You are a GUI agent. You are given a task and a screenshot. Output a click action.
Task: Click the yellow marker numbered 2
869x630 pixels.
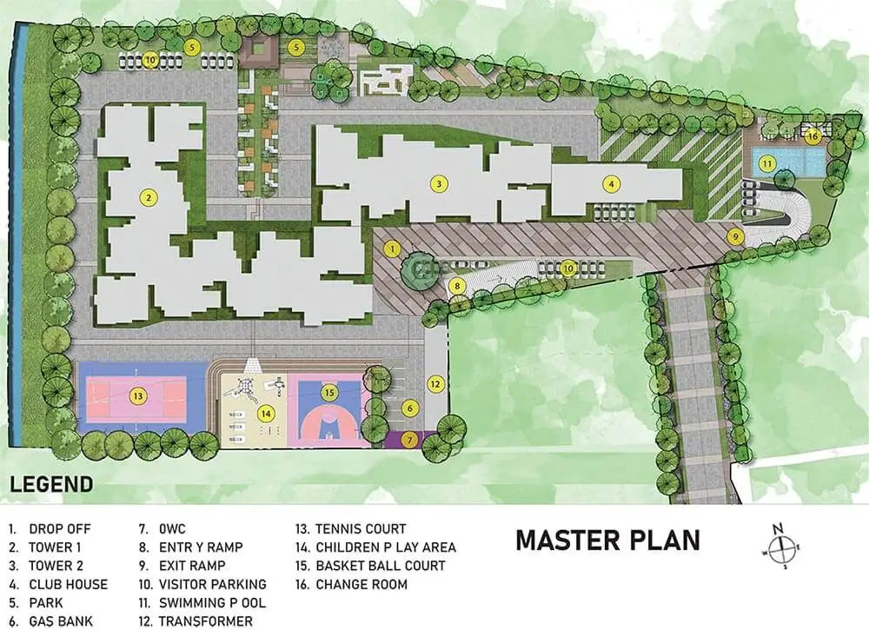click(x=149, y=197)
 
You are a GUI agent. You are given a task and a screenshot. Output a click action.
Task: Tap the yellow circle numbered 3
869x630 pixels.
click(x=439, y=183)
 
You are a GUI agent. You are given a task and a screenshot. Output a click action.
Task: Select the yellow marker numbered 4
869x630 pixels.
click(x=611, y=184)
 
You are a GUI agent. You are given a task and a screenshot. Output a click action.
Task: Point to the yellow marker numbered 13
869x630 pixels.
click(x=137, y=395)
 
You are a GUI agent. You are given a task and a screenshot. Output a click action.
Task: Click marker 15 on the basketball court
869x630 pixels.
click(x=329, y=393)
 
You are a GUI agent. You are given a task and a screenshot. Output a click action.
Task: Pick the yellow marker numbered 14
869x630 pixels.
click(x=266, y=414)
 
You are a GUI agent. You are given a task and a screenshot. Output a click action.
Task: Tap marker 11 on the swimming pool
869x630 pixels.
click(x=767, y=164)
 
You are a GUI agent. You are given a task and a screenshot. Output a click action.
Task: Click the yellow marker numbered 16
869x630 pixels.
click(x=813, y=136)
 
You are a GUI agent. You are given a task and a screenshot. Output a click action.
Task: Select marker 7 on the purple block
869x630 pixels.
click(x=409, y=441)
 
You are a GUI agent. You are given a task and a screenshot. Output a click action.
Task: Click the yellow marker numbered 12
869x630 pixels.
click(x=435, y=384)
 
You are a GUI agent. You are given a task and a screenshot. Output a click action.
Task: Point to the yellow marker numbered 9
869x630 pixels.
click(x=735, y=236)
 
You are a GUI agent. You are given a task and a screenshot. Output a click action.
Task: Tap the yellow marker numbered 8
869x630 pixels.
click(x=457, y=287)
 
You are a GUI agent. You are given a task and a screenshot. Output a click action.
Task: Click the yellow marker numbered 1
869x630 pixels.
click(x=393, y=249)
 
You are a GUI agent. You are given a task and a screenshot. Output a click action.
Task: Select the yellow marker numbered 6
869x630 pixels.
click(x=409, y=409)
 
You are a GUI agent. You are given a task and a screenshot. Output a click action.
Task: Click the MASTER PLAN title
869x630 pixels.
click(x=608, y=540)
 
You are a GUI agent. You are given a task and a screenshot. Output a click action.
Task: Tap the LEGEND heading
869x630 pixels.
click(x=51, y=484)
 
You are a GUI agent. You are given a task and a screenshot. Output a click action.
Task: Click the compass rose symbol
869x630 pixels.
click(x=779, y=547)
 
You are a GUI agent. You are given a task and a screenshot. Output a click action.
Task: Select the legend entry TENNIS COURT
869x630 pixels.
click(x=351, y=529)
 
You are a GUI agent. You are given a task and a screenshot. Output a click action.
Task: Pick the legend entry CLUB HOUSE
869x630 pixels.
click(x=58, y=585)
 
